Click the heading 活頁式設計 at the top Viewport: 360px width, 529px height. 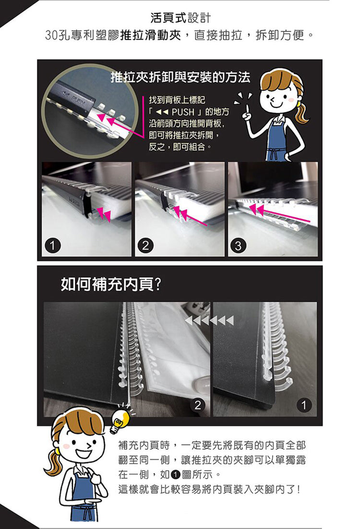pos(180,19)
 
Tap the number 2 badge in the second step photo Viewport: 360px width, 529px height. pos(144,246)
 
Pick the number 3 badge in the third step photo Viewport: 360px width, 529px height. pos(237,246)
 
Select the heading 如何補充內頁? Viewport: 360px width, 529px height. pos(110,285)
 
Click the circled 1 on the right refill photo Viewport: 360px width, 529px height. pos(303,405)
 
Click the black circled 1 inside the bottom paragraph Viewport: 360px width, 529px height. pos(175,475)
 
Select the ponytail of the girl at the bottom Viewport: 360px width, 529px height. pos(52,463)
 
